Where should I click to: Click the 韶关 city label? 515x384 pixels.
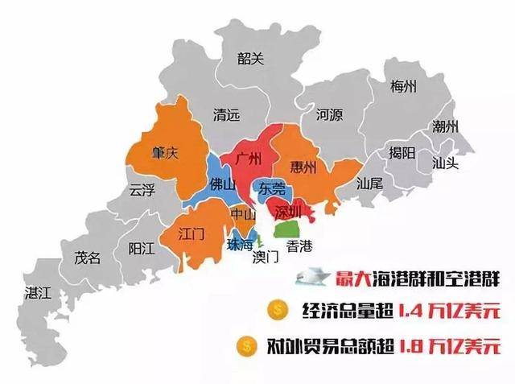pos(251,58)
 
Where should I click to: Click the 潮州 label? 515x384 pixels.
pos(445,126)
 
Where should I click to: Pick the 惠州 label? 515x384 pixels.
pos(304,168)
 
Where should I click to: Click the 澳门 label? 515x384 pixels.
pos(265,258)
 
